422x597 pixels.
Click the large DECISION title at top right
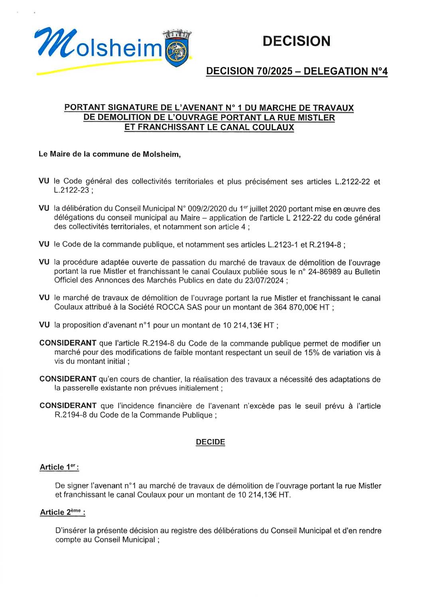[x=296, y=41]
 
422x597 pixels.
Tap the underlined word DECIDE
[x=210, y=442]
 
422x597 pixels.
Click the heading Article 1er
[x=59, y=467]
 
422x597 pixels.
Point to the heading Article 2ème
[x=62, y=512]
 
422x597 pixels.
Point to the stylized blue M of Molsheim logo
[x=53, y=43]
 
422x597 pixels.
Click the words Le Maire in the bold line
[x=54, y=154]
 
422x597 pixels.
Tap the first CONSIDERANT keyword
[x=68, y=343]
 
